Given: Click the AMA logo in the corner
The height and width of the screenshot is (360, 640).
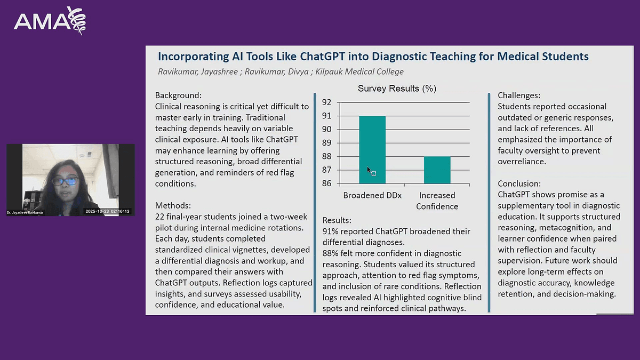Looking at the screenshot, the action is (50, 21).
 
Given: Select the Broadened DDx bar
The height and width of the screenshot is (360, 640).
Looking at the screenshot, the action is (372, 150).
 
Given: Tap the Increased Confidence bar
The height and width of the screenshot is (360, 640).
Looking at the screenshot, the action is (437, 170).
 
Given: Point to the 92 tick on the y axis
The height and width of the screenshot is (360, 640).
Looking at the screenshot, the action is (326, 102).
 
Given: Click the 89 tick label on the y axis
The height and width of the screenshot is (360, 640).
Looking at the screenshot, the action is (326, 143).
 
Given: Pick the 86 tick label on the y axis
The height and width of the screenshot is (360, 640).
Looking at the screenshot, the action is (326, 183).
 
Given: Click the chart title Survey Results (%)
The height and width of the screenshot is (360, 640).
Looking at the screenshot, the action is (397, 89).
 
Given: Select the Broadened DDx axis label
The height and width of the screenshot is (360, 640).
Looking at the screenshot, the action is (372, 195).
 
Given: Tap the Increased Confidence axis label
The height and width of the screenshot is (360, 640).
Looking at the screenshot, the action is (437, 201).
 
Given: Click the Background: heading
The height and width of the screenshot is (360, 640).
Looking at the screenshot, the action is (178, 95).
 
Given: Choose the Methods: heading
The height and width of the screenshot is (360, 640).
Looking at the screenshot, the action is (173, 205).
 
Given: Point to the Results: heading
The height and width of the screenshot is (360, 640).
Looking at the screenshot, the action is (337, 220).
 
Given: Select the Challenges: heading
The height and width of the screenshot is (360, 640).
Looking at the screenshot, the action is (519, 95).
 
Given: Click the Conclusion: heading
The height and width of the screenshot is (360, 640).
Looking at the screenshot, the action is (519, 183).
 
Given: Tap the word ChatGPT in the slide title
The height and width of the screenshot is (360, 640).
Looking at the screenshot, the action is (323, 57).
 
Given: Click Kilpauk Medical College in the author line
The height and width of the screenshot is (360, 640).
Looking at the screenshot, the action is (359, 71).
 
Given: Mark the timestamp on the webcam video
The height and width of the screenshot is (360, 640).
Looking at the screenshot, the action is (107, 211).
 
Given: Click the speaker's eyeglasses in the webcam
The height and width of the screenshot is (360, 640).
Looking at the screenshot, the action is (66, 181).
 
